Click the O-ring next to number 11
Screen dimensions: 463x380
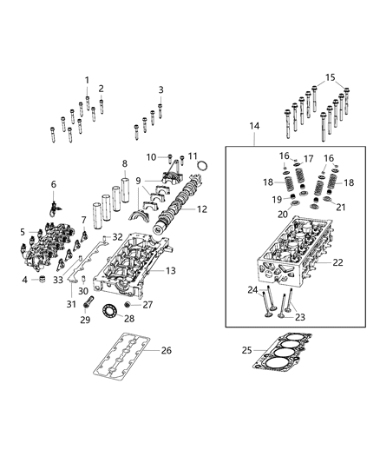[202, 165]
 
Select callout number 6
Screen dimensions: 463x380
[53, 184]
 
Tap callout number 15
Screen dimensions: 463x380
[329, 77]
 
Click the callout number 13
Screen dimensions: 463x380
[172, 272]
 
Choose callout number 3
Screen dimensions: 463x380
[161, 89]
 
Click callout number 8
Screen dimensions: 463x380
[124, 163]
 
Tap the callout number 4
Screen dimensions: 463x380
[24, 280]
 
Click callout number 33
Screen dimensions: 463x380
[57, 280]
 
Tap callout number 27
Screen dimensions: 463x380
[147, 305]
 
